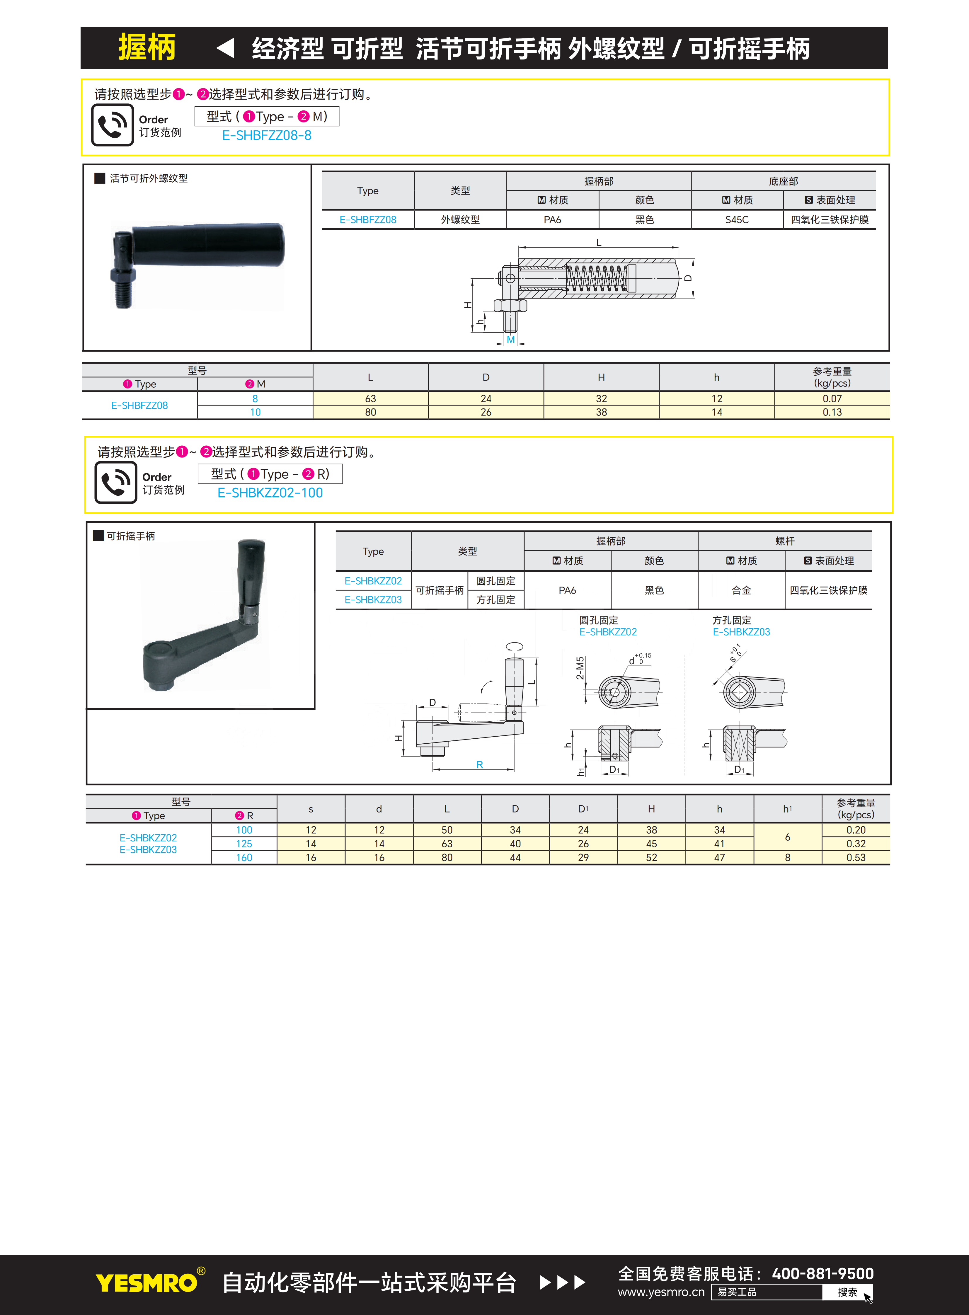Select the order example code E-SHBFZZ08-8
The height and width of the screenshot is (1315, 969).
tap(267, 135)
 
